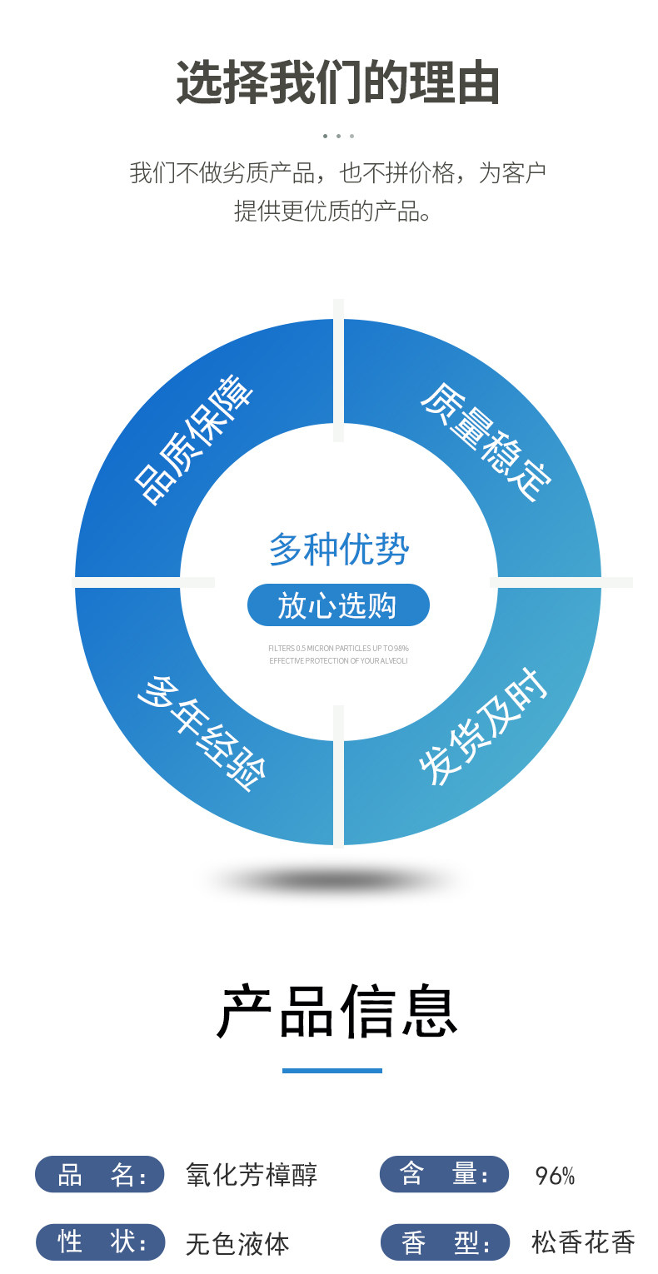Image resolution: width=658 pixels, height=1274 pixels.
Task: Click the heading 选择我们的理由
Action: point(337,83)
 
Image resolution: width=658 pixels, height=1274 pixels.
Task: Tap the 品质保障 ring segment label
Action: point(195,440)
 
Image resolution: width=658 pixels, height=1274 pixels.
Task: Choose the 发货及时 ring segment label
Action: point(483,727)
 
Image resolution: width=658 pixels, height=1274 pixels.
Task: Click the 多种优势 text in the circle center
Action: point(338,550)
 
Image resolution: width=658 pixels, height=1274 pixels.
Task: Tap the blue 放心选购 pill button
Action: point(338,605)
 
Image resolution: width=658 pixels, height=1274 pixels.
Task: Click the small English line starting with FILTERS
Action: point(338,648)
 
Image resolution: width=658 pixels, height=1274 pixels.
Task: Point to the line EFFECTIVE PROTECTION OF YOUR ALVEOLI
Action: point(338,661)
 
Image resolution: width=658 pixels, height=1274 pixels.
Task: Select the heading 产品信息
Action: point(337,1012)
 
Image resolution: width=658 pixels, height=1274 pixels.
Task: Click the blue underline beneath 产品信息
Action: point(332,1071)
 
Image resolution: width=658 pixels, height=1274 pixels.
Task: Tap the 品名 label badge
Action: point(100,1175)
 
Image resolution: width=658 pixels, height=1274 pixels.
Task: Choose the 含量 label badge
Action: point(444,1174)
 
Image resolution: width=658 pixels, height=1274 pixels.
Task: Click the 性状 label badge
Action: point(101,1242)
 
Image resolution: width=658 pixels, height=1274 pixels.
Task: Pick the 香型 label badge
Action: point(445,1242)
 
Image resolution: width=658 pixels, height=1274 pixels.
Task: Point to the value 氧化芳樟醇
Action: point(252,1175)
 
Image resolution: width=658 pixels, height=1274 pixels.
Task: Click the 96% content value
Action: point(555,1176)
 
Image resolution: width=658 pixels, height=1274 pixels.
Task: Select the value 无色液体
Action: point(237,1243)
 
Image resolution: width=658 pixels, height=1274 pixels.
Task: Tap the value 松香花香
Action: point(583,1242)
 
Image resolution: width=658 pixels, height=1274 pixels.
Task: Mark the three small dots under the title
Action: point(338,136)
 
